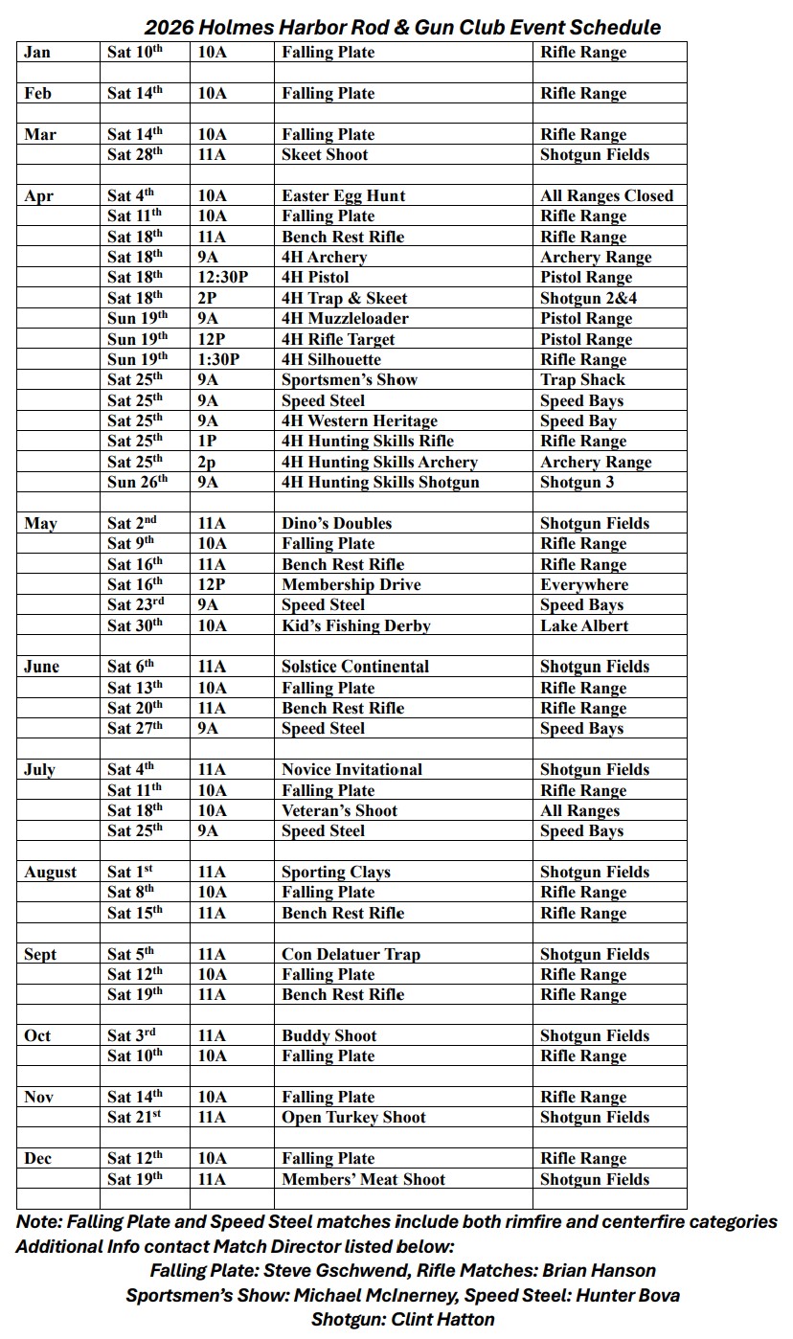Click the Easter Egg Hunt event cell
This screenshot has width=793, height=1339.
click(343, 196)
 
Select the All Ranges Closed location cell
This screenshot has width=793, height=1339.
click(606, 196)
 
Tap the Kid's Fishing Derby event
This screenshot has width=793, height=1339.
click(355, 626)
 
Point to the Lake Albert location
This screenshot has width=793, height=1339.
click(584, 626)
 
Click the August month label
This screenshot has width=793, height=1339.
click(51, 873)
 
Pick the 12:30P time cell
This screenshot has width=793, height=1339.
click(220, 278)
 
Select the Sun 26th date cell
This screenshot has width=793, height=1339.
click(137, 483)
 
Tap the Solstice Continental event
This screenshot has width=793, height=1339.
click(355, 668)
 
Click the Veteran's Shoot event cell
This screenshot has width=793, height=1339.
click(339, 811)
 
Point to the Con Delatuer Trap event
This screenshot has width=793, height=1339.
click(351, 955)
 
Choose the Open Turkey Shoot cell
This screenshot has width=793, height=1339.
click(353, 1118)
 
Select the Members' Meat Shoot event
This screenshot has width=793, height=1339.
click(363, 1180)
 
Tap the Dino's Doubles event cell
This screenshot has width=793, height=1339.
click(336, 524)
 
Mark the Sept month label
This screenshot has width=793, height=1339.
click(40, 955)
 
